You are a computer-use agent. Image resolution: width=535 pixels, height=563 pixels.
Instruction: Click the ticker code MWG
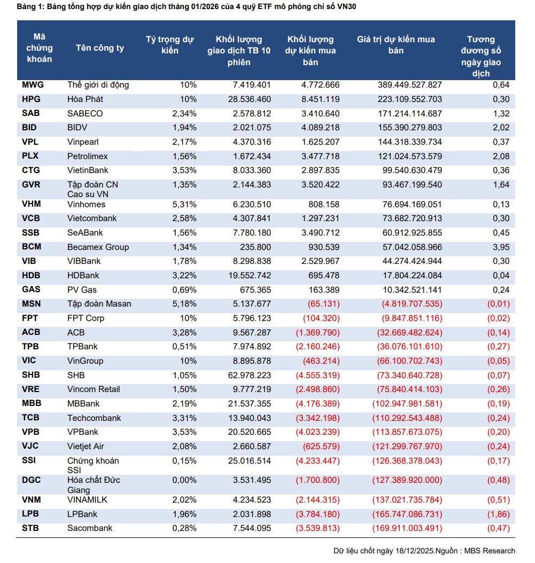coord(33,85)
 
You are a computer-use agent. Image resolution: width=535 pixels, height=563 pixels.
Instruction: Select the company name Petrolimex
coord(88,156)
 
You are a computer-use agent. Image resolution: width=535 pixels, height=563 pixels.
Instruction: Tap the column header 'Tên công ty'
coord(100,48)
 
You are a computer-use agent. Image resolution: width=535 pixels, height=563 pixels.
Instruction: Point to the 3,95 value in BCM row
coord(501,247)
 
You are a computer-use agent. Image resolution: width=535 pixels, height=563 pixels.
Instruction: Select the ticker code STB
coord(31,528)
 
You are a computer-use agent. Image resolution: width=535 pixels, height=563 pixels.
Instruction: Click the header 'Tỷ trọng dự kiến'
coord(170,45)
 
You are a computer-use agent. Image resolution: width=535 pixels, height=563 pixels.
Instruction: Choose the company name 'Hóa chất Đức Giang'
coord(94,485)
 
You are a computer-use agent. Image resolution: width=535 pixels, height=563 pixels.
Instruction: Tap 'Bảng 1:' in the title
coord(30,7)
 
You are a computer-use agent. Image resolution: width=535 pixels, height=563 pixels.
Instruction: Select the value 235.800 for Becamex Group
coord(254,247)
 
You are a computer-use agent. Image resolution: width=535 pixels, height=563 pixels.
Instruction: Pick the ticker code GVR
coord(32,184)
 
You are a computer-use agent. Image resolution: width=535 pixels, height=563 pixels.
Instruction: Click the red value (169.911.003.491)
coord(407,528)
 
